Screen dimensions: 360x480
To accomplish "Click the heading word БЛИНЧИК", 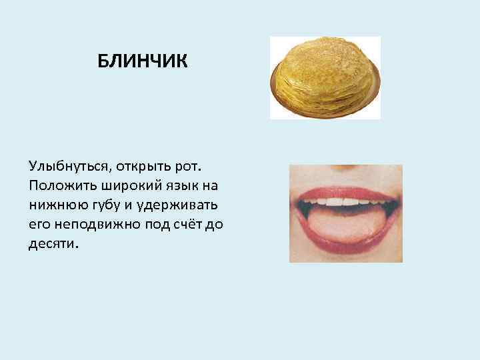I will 143,62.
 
